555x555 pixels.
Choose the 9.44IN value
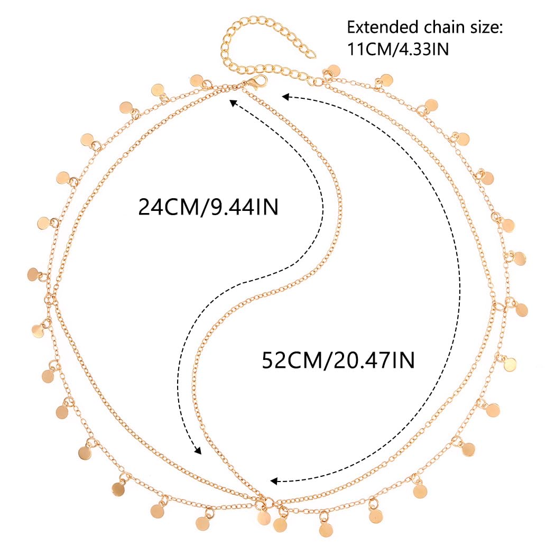[x=243, y=207]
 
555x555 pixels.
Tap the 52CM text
[x=292, y=361]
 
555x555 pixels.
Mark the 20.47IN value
[x=373, y=361]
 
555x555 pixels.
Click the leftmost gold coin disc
[x=34, y=274]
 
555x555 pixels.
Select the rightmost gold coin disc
[x=521, y=310]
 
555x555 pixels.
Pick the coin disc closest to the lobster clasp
[x=196, y=80]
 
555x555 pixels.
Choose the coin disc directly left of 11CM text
[x=332, y=71]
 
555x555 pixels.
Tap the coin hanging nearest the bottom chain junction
[x=264, y=517]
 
